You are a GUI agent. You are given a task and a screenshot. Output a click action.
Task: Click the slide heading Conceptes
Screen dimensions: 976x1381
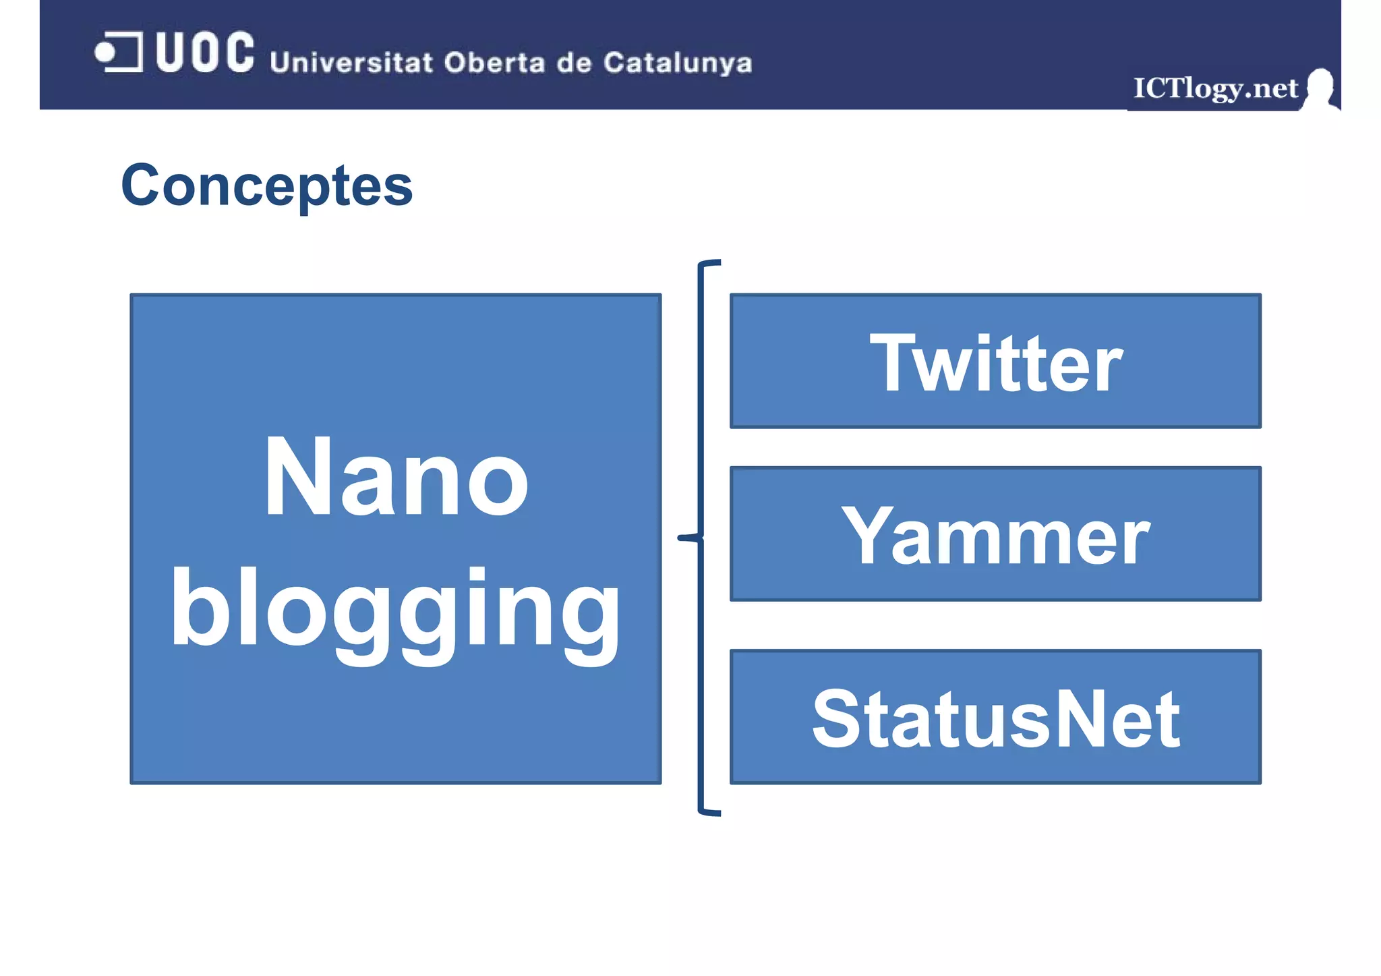266,185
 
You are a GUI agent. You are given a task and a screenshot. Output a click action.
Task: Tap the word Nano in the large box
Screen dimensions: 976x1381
396,477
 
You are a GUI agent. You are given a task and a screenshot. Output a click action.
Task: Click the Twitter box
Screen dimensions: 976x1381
995,361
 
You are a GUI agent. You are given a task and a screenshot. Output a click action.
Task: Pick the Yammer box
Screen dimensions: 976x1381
995,534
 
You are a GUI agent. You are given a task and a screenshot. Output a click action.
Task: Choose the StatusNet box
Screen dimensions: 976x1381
995,717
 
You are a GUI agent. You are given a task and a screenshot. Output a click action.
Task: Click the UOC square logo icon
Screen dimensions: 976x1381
119,52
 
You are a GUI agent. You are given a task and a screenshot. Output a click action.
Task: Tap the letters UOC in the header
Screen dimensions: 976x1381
205,52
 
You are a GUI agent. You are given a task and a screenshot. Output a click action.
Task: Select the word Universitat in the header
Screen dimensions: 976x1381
351,62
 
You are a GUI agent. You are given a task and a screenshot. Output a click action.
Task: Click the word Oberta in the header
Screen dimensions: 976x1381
494,62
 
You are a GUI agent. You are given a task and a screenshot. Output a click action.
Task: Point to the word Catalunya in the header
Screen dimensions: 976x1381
677,63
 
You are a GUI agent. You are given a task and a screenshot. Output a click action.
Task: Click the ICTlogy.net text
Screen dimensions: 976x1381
1214,88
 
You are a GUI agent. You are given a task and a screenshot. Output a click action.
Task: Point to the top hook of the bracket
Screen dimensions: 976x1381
709,264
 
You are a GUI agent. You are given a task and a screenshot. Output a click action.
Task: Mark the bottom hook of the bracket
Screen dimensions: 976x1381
709,812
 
